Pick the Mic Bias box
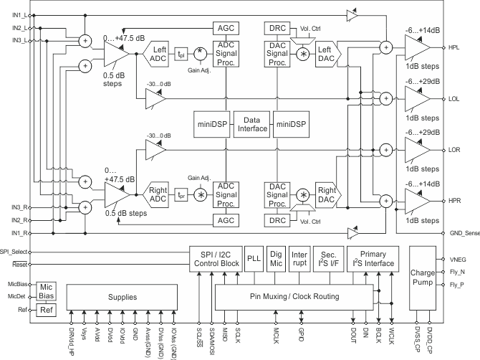point(47,290)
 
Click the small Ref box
point(47,310)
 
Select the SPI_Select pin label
point(14,252)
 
